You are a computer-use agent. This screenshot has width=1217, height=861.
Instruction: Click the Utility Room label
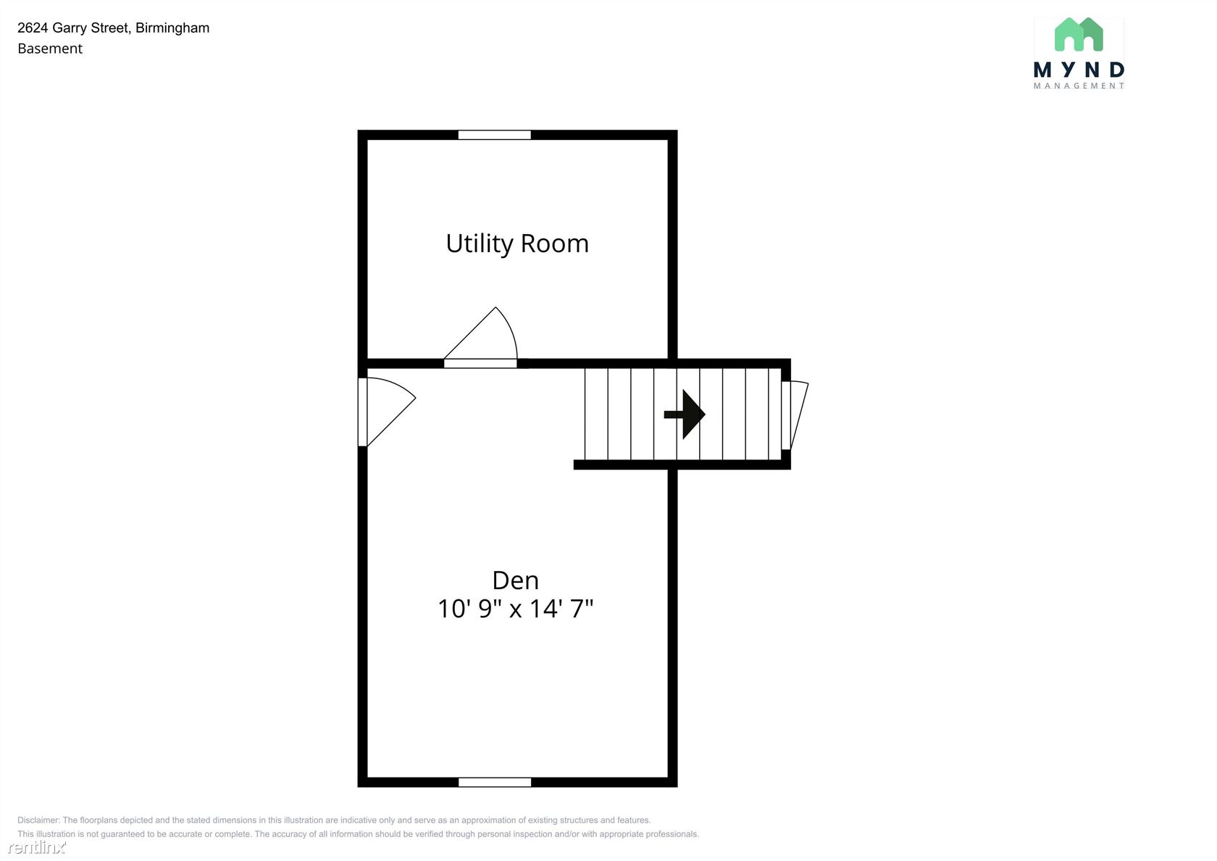tap(517, 244)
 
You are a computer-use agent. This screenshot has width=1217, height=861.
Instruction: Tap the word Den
tap(516, 581)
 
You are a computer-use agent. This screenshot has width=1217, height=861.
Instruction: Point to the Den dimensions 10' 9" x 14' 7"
tap(516, 608)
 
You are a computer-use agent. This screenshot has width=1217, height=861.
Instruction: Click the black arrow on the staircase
tap(685, 415)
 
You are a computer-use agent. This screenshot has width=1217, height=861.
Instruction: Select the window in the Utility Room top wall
tap(494, 135)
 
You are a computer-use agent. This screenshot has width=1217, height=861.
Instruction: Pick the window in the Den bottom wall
tap(494, 782)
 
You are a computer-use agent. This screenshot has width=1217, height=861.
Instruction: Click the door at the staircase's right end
tap(795, 415)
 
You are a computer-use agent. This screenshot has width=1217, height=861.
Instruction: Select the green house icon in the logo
tap(1079, 34)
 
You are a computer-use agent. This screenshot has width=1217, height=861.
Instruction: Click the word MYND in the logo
tap(1079, 70)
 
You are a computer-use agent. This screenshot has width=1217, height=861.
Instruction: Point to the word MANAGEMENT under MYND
tap(1079, 86)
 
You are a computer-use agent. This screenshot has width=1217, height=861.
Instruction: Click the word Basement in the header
tap(50, 49)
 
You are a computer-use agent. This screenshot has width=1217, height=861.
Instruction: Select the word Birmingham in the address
tap(172, 28)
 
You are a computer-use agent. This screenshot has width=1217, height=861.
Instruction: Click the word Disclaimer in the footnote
tap(38, 820)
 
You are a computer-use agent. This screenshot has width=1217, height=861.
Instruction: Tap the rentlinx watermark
tap(37, 847)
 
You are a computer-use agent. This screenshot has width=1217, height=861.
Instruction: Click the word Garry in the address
tap(70, 28)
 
